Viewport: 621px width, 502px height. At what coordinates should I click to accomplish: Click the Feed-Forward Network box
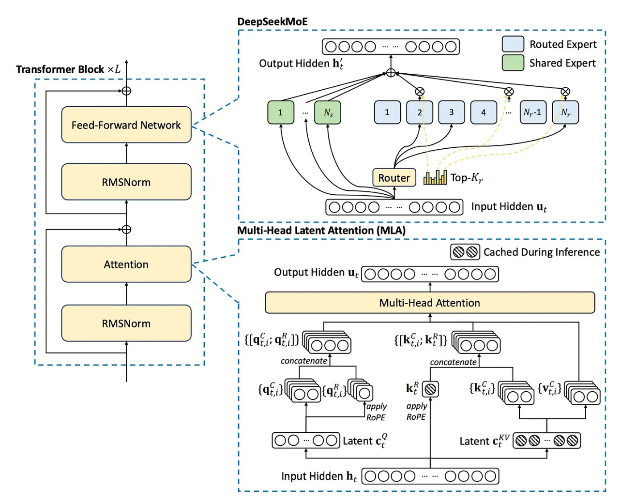coord(126,125)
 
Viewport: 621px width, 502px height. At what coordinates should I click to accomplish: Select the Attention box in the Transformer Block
coord(126,264)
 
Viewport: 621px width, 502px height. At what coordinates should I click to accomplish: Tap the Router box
coord(394,178)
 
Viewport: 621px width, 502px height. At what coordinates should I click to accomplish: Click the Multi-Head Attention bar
coord(430,303)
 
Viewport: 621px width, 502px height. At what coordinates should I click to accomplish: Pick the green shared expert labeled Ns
coord(328,113)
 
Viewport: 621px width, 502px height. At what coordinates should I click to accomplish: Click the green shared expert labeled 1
coord(281,113)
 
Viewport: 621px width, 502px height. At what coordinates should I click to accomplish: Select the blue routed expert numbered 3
coord(451,112)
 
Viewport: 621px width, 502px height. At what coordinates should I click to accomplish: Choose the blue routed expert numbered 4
coord(483,112)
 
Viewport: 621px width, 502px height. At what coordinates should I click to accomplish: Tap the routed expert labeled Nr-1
coord(532,112)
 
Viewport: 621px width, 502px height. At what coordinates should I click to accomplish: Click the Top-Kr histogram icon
coord(435,178)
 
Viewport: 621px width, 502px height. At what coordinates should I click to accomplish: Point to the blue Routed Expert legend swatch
coord(513,44)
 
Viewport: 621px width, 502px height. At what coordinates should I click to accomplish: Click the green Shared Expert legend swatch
coord(513,63)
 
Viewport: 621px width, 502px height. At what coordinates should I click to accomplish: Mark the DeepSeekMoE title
coord(272,22)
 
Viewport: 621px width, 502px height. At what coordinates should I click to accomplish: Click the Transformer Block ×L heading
coord(68,69)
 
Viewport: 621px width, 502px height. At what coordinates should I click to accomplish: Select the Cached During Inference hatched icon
coord(465,252)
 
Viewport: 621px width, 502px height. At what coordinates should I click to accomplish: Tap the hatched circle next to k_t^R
coord(430,389)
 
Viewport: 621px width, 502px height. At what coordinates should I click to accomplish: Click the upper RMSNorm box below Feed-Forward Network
coord(126,182)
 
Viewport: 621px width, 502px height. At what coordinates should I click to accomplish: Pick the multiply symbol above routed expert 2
coord(419,92)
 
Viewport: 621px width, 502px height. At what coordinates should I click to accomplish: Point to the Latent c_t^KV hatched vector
coord(546,441)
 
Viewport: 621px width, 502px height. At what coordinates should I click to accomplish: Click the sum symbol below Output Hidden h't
coord(391,73)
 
